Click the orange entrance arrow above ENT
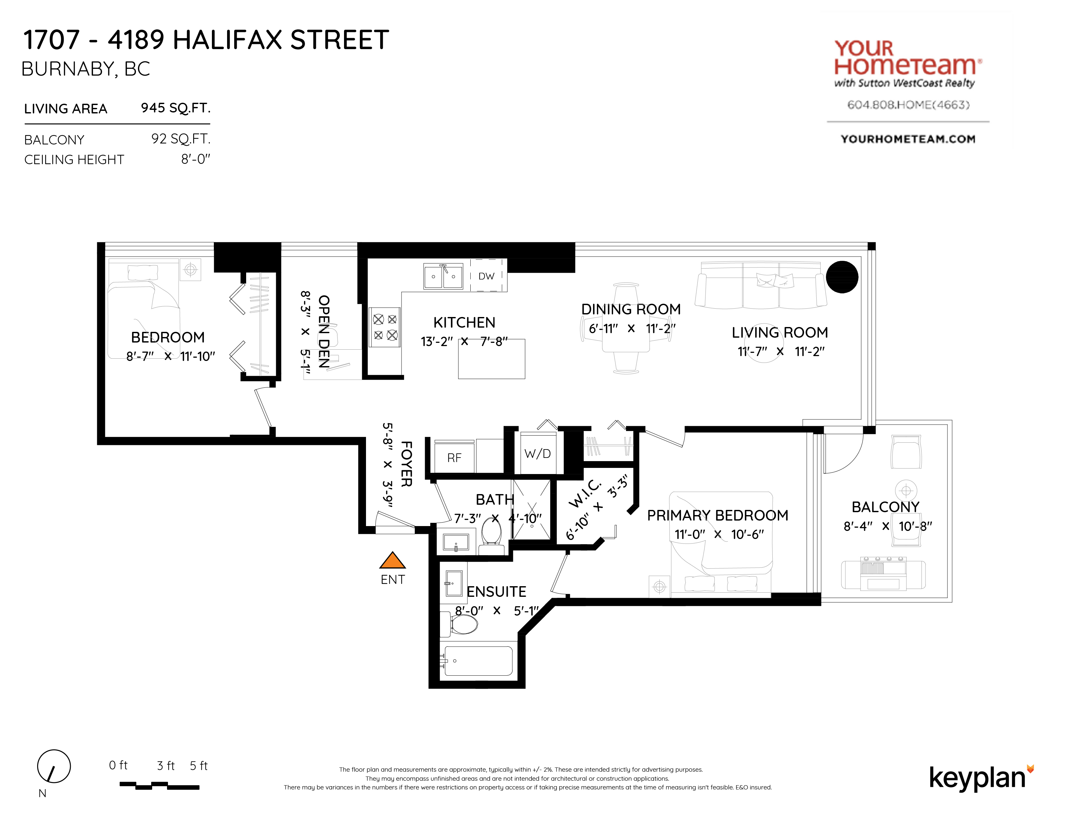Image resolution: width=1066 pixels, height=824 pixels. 392,560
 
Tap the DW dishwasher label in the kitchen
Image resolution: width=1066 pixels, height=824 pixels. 486,276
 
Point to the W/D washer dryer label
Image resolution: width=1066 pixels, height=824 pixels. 538,454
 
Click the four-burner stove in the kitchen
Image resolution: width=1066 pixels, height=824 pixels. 385,327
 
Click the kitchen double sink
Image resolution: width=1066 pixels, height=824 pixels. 443,276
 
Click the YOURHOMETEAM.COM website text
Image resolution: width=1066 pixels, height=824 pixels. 908,139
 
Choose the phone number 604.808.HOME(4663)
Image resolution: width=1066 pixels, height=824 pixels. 908,105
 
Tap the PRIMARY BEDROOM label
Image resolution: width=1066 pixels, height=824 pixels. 717,515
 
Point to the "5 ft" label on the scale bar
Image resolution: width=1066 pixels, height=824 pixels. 199,766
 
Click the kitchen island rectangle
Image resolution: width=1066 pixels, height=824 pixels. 492,359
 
